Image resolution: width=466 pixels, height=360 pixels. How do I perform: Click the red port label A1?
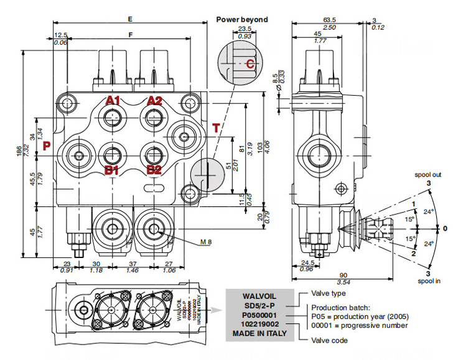[112, 101]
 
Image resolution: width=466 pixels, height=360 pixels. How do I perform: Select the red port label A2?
[154, 101]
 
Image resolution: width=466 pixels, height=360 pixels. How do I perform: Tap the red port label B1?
[112, 169]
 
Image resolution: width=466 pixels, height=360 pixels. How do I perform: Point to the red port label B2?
[154, 169]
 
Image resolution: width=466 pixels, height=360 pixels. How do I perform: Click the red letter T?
[215, 128]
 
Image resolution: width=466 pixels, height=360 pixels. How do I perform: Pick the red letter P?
[46, 147]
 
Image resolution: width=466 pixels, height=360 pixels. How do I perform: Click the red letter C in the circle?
[249, 63]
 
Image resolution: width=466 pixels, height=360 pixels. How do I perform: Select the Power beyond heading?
[242, 19]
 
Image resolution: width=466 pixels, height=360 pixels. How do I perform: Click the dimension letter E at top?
[129, 19]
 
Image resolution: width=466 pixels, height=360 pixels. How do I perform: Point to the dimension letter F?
[129, 35]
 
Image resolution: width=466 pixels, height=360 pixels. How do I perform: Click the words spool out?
[428, 175]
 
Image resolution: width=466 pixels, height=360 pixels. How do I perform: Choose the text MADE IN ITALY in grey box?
[261, 333]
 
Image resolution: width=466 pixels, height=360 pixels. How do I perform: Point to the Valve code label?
[330, 340]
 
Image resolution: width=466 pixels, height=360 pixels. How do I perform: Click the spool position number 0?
[445, 228]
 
